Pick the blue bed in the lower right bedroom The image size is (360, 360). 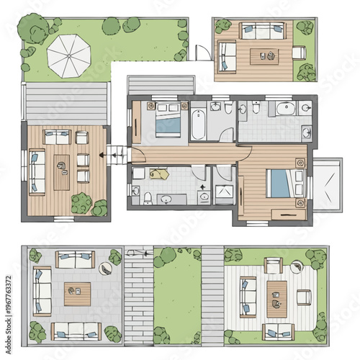278,184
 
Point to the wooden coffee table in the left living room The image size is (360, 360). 62,171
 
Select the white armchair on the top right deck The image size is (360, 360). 299,52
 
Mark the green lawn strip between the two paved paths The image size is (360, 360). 177,297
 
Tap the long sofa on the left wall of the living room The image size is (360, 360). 37,172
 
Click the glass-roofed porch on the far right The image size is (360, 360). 328,184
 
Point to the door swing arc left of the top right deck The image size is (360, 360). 204,54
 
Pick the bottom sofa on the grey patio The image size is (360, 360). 76,330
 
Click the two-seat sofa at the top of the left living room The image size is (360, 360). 58,136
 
